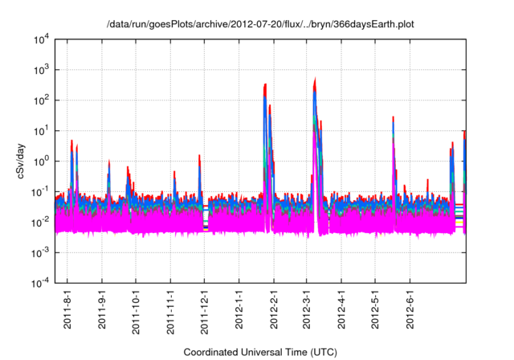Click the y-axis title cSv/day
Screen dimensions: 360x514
22,160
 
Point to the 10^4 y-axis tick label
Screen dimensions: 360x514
40,40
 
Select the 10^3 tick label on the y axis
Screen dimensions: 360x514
40,70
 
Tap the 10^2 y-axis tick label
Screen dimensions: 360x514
40,100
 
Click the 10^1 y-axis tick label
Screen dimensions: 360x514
40,130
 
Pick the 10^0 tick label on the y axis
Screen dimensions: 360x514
40,161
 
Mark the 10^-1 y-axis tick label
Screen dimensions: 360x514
40,191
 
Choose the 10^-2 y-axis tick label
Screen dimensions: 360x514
40,222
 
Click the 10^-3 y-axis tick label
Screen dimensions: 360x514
40,252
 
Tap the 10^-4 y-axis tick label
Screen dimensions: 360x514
40,282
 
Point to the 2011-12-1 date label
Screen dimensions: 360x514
205,311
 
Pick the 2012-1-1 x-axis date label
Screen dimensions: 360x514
239,309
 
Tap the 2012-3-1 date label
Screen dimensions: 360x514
307,309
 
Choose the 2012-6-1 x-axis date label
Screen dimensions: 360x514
410,309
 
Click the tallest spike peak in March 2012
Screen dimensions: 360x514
315,78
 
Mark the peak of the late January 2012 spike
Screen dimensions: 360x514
265,84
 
